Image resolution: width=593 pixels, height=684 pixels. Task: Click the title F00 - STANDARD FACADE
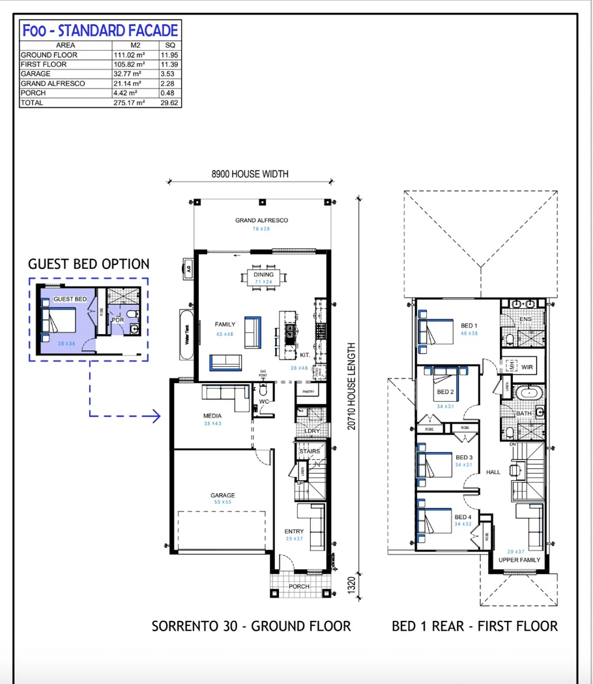coord(100,31)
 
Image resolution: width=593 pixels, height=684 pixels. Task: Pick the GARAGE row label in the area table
coord(36,74)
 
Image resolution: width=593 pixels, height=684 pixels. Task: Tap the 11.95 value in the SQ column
coord(171,55)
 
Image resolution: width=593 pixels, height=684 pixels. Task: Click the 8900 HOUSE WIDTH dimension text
coord(250,174)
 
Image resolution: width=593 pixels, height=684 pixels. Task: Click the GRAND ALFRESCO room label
coord(261,221)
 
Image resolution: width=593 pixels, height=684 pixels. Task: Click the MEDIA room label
coord(212,416)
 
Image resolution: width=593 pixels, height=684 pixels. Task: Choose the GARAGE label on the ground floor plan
coord(222,495)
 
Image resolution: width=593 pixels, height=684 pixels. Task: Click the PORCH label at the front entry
coord(299,586)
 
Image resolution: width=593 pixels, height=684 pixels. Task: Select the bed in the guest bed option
coord(59,321)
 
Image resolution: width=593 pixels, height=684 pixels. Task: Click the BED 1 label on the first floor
coord(469,326)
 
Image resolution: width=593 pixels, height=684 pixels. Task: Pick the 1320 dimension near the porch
coord(352,582)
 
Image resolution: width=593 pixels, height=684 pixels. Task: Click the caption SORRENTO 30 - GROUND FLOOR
coord(251,627)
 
